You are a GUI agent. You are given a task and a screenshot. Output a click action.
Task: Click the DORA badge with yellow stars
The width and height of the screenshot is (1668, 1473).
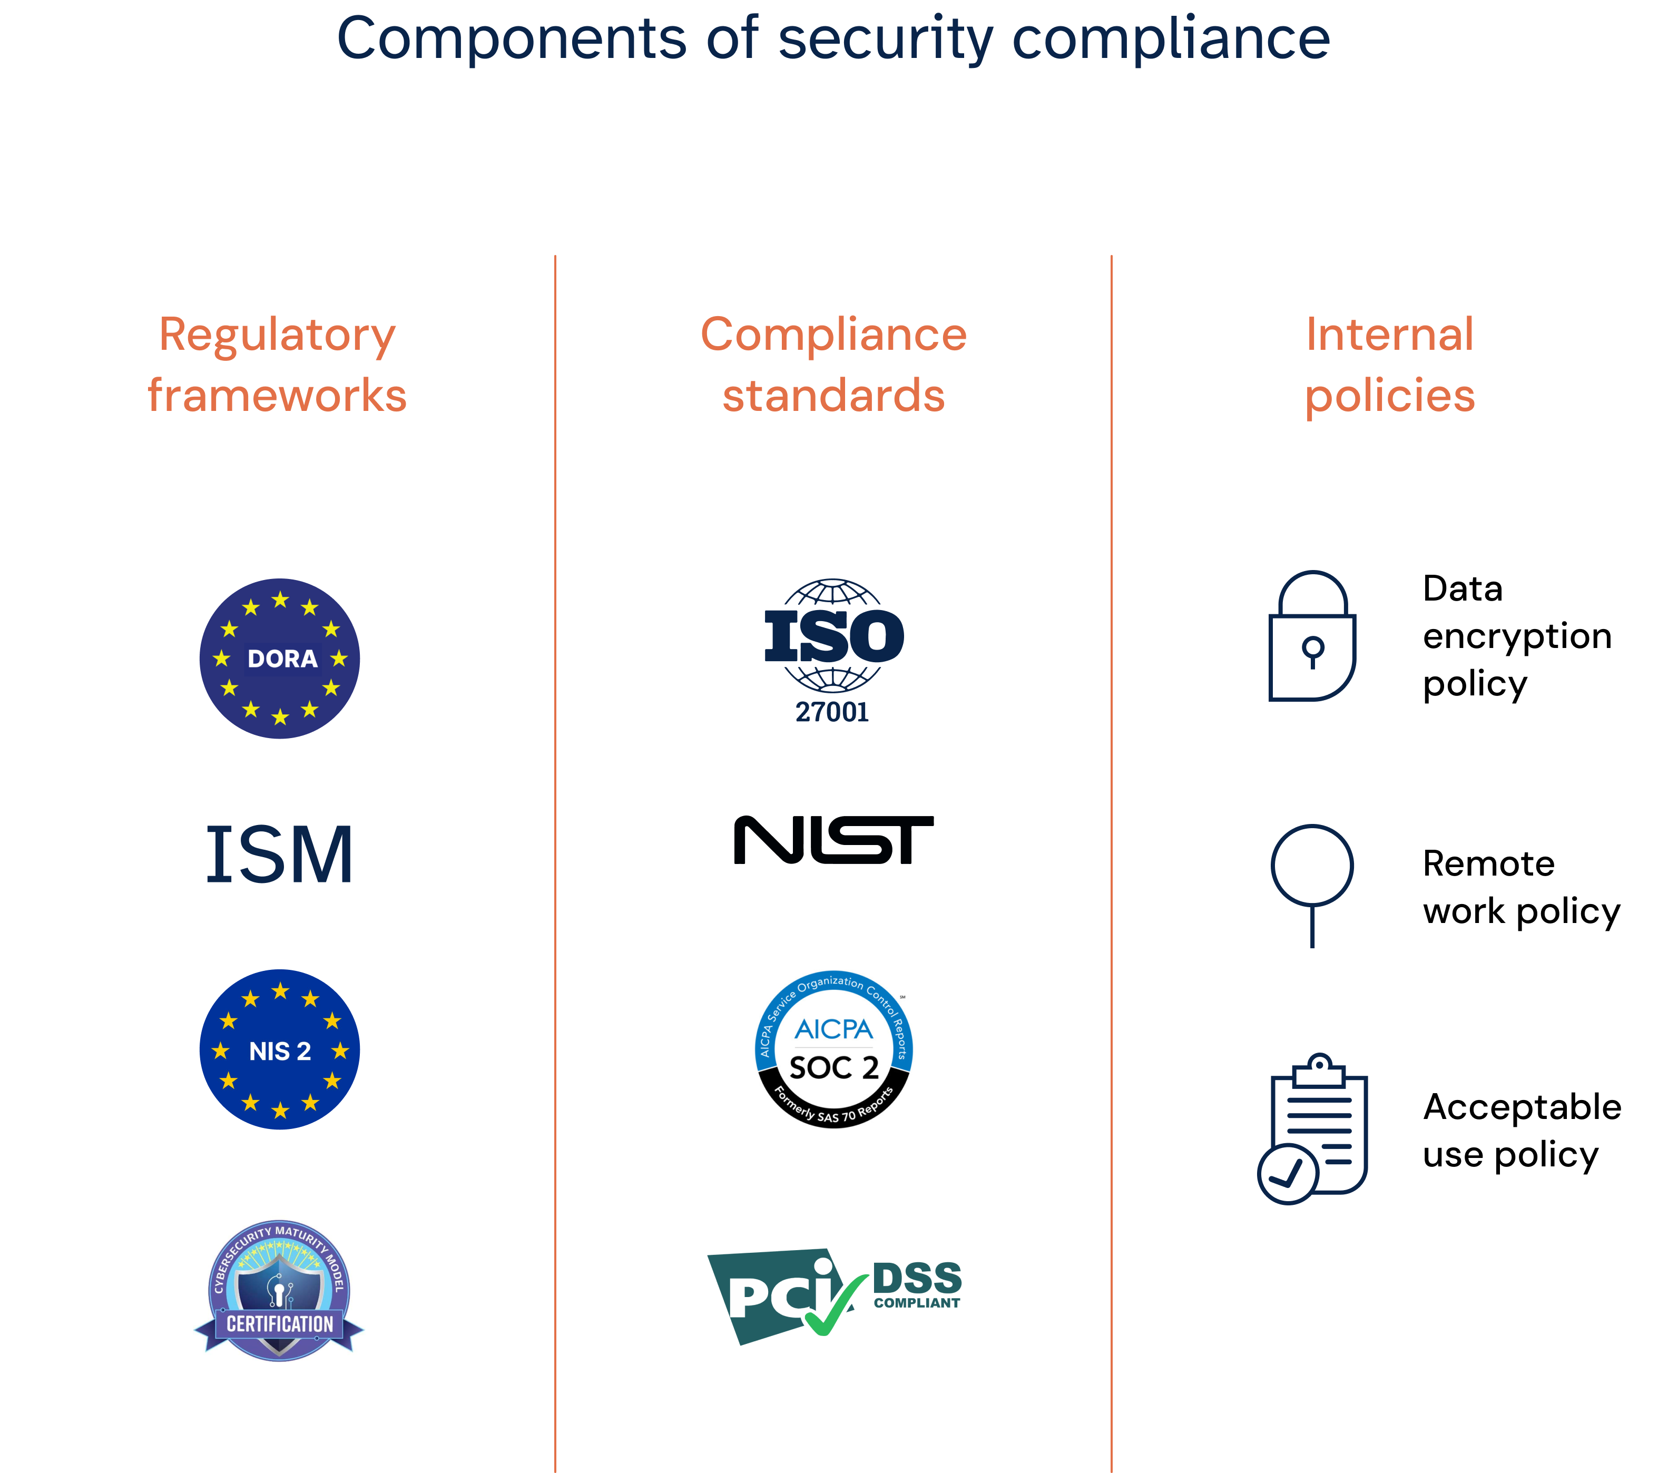(x=279, y=659)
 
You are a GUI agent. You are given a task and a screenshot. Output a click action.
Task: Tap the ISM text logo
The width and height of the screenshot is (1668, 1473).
(x=279, y=855)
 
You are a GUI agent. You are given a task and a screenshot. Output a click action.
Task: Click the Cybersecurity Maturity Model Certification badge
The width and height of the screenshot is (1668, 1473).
(x=279, y=1289)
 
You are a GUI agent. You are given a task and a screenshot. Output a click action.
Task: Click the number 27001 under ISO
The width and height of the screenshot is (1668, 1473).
(x=832, y=712)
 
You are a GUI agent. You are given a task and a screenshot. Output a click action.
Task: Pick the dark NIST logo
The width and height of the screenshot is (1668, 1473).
(x=833, y=841)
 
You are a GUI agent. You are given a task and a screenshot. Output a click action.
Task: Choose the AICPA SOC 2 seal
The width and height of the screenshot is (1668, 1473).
(x=833, y=1049)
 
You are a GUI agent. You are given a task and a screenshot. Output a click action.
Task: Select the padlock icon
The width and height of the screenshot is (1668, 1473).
(x=1312, y=636)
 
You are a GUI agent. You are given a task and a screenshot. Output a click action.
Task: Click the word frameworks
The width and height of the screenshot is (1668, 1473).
(x=278, y=396)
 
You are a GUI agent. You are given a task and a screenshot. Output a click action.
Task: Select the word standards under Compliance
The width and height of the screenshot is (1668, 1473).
(x=833, y=396)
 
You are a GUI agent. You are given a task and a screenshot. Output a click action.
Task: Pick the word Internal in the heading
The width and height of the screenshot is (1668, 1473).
(x=1390, y=335)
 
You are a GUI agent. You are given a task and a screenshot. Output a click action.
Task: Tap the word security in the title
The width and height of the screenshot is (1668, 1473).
(x=886, y=39)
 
